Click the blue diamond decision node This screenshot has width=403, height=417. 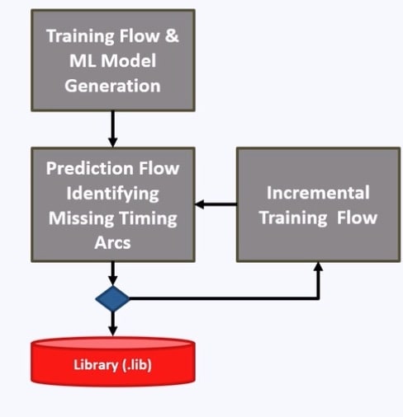(112, 298)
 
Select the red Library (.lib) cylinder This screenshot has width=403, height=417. (113, 362)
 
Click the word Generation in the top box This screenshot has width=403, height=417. (112, 86)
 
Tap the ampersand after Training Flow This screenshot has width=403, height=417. (172, 36)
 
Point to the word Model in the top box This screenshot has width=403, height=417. (129, 61)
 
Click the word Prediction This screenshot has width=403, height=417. (91, 168)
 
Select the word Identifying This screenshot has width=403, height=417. (112, 194)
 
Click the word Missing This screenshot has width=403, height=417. (81, 218)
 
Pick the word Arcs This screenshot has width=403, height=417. (112, 243)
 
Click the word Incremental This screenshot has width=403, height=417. (318, 193)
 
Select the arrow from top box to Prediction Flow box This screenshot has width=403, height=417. (112, 129)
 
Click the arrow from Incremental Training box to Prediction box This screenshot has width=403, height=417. (216, 204)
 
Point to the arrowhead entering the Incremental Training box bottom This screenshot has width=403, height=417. (318, 266)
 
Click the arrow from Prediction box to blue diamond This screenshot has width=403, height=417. (112, 274)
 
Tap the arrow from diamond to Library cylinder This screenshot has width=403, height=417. (112, 324)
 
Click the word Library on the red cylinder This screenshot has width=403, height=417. (96, 365)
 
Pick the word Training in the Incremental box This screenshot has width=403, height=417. (293, 218)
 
